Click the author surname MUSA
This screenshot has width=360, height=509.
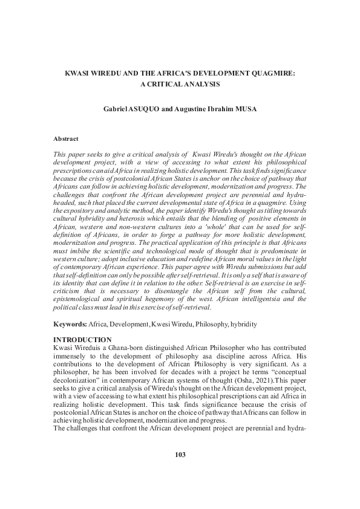(x=260, y=110)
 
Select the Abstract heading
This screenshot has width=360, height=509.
(x=66, y=138)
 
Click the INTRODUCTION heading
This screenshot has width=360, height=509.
(x=82, y=340)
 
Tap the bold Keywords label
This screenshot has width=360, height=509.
(x=70, y=325)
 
